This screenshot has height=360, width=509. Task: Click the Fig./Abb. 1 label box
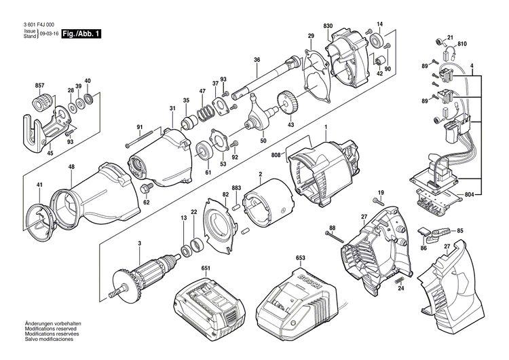coord(81,33)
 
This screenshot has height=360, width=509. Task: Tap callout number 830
coord(328,25)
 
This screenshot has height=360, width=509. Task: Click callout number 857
coord(40,85)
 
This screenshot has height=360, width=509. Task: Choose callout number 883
coord(236,188)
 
